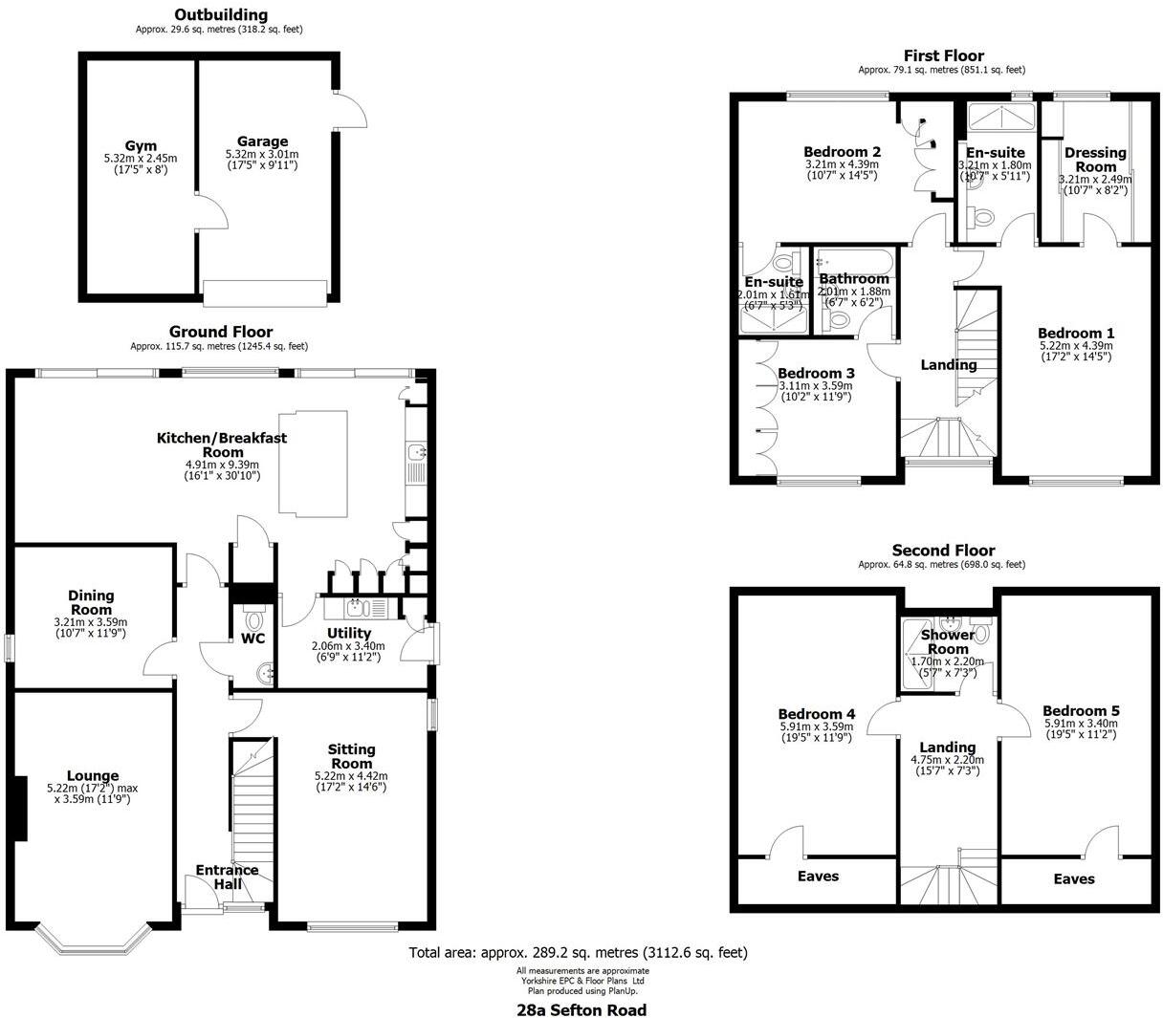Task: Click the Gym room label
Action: pyautogui.click(x=141, y=146)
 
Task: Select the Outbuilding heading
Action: pyautogui.click(x=220, y=14)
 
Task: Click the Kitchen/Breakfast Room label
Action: pyautogui.click(x=222, y=444)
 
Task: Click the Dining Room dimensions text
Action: pyautogui.click(x=91, y=627)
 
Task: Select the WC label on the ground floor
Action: pyautogui.click(x=253, y=638)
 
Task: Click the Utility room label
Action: pyautogui.click(x=348, y=633)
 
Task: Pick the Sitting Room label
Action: pyautogui.click(x=351, y=756)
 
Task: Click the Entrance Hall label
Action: pyautogui.click(x=227, y=877)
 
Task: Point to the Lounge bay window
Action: pyautogui.click(x=93, y=942)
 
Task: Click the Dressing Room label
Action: pyautogui.click(x=1095, y=159)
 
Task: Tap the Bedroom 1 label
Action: pyautogui.click(x=1076, y=333)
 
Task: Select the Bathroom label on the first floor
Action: pyautogui.click(x=854, y=278)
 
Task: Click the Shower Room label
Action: pyautogui.click(x=947, y=641)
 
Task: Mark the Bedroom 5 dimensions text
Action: pyautogui.click(x=1081, y=728)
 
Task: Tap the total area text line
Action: pyautogui.click(x=578, y=952)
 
